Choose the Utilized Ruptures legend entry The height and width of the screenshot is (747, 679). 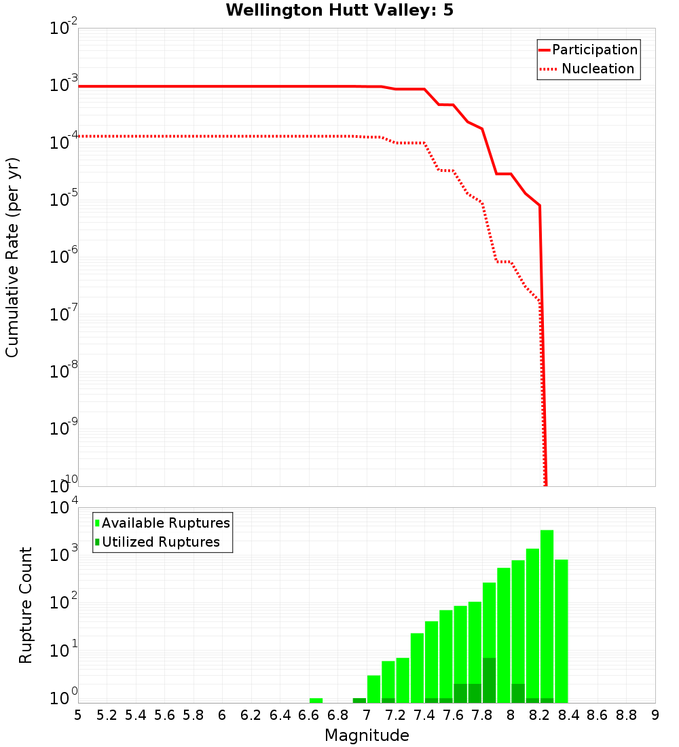pos(160,542)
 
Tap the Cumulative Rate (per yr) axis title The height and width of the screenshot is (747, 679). pos(12,257)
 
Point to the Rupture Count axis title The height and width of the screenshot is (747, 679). pos(26,605)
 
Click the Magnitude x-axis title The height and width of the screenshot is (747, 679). pos(367,735)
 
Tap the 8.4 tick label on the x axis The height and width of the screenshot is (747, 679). pos(568,715)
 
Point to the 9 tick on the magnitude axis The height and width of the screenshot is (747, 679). pos(655,715)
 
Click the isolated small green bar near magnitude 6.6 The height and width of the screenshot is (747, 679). pos(316,700)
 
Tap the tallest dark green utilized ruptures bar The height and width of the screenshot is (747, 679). pos(489,680)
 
